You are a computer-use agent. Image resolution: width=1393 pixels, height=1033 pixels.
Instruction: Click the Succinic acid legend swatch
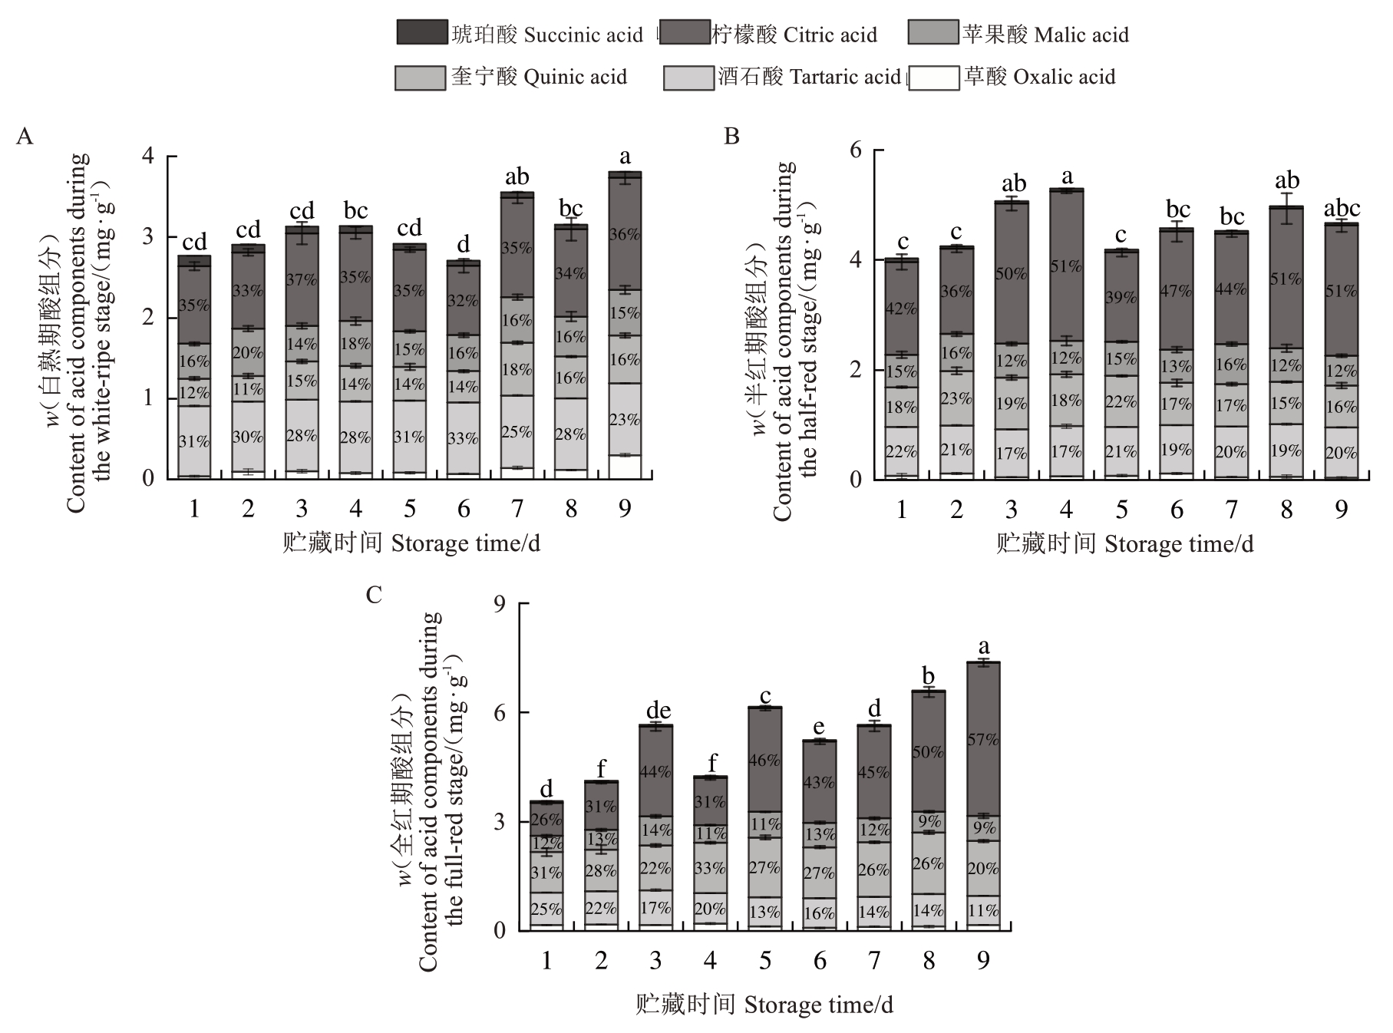[x=421, y=32]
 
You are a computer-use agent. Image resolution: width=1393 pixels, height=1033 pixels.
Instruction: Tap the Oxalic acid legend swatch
[x=933, y=78]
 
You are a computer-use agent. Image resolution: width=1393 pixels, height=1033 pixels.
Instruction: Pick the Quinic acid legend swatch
[x=420, y=78]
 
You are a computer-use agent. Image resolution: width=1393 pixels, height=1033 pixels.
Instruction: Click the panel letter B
[x=731, y=137]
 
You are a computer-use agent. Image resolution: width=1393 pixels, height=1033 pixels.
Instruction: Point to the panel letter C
[x=374, y=596]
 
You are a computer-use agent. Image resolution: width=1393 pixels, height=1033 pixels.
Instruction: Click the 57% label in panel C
[x=983, y=740]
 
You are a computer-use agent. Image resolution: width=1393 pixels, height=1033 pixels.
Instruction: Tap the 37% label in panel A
[x=302, y=280]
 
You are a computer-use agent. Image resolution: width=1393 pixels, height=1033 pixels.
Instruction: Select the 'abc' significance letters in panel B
[x=1342, y=208]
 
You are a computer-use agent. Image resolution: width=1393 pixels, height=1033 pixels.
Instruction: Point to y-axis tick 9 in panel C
[x=500, y=604]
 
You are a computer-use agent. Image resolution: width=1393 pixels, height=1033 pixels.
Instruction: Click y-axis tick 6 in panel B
[x=856, y=150]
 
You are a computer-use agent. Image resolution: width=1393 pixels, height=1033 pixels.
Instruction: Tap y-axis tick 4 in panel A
[x=148, y=157]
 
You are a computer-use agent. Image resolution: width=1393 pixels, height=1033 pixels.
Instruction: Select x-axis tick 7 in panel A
[x=517, y=509]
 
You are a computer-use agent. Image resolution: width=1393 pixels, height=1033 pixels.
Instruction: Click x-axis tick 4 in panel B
[x=1066, y=509]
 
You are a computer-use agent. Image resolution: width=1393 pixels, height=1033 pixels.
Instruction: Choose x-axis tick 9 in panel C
[x=983, y=960]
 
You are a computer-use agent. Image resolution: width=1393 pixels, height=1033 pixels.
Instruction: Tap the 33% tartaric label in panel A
[x=463, y=438]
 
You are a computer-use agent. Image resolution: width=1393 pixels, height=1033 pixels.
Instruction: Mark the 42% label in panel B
[x=902, y=309]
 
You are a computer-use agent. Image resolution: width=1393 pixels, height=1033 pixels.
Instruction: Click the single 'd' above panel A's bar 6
[x=463, y=245]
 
